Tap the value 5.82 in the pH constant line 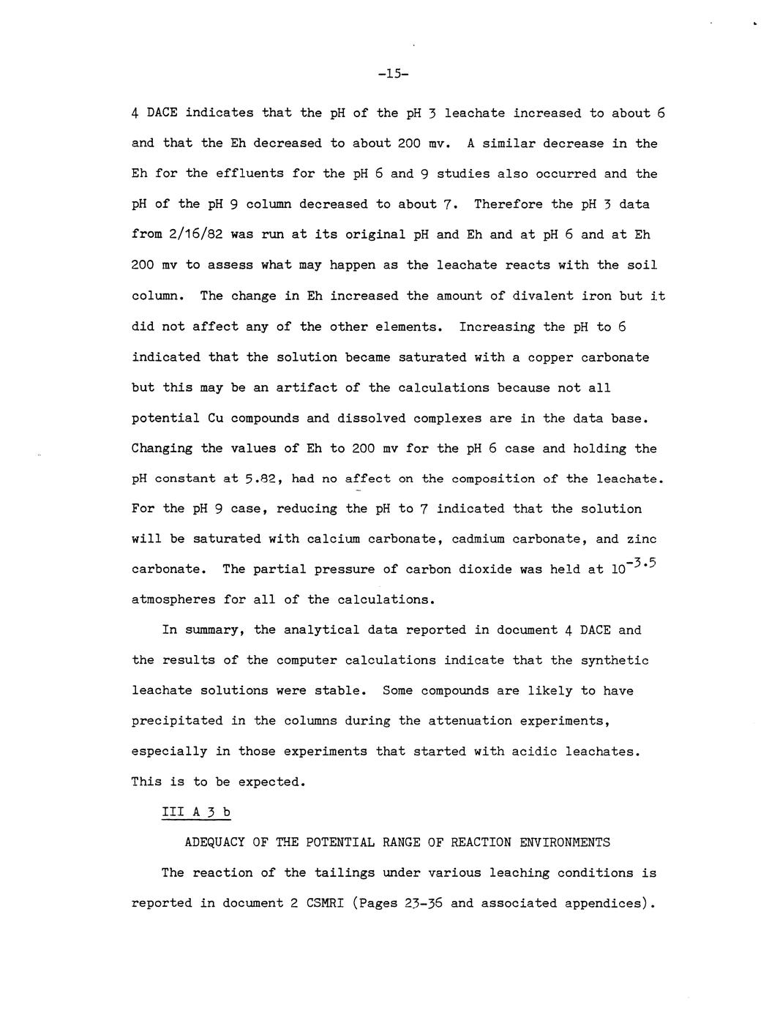(264, 479)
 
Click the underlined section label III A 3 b (195, 812)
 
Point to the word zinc (642, 539)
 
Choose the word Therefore (508, 204)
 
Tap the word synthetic (615, 660)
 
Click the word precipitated (177, 721)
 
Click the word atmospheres (173, 600)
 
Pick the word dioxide (481, 569)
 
